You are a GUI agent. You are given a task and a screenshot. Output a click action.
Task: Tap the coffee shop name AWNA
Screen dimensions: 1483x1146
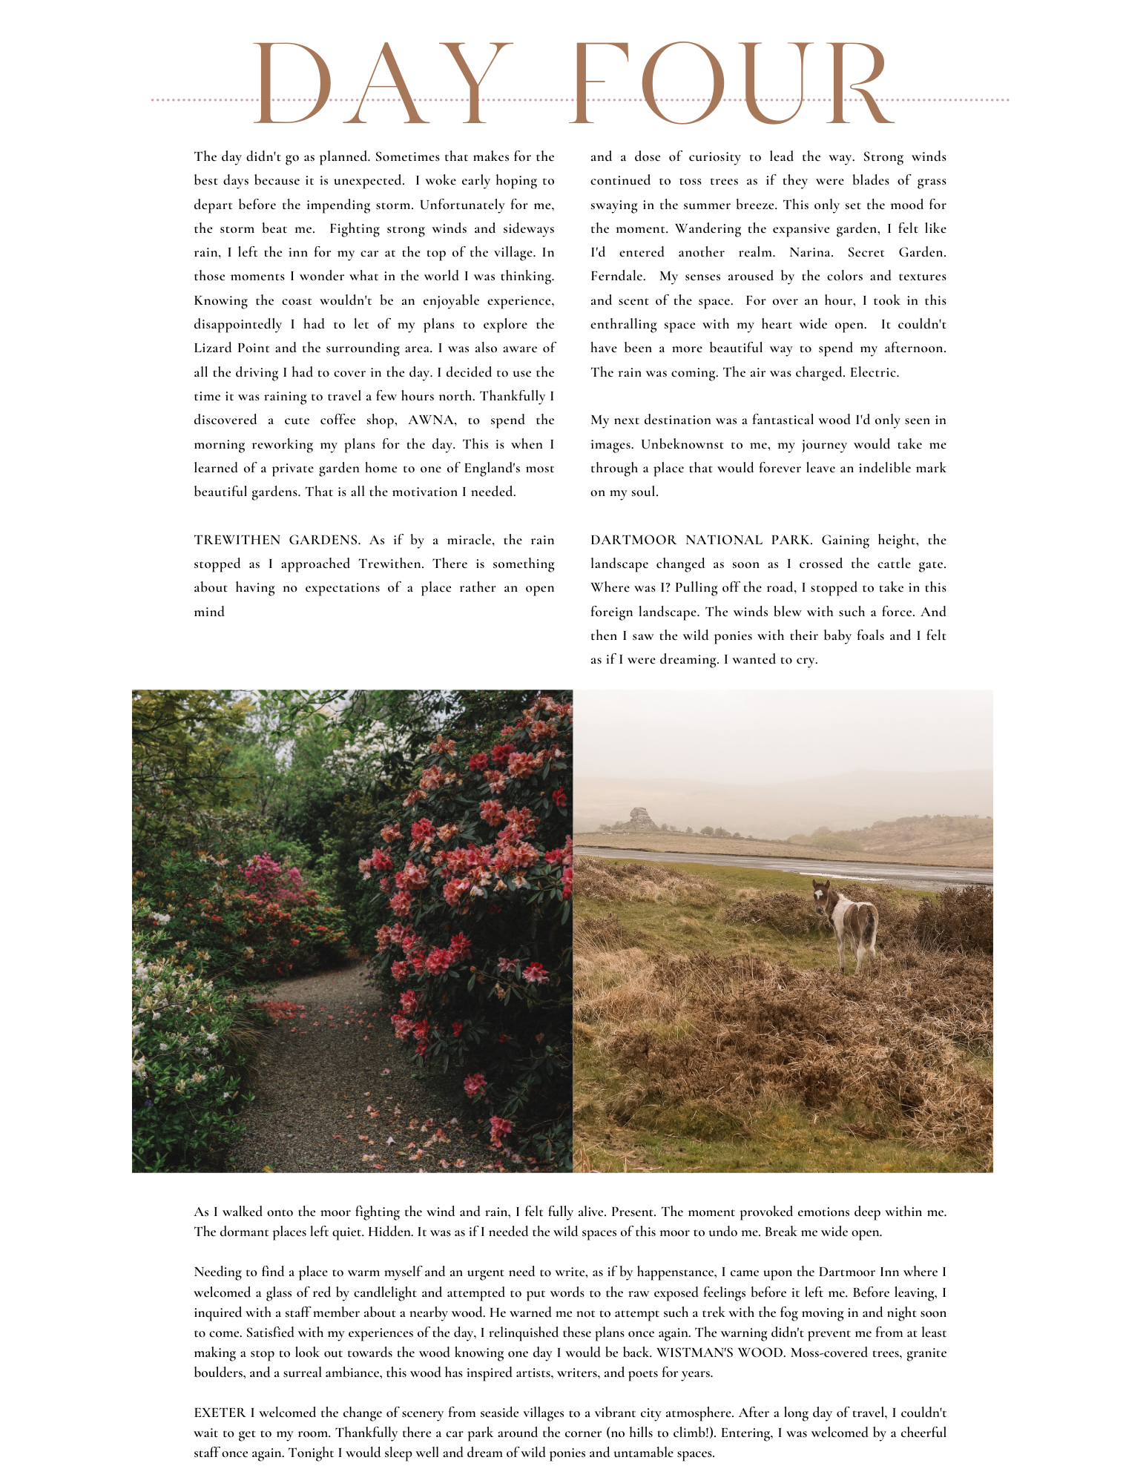pyautogui.click(x=432, y=420)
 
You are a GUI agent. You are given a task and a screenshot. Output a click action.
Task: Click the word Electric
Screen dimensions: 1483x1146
pyautogui.click(x=875, y=372)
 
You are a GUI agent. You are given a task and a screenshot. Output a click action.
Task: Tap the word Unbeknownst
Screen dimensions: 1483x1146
pyautogui.click(x=683, y=444)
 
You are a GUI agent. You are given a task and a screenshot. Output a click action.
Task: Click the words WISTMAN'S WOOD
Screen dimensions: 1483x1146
pyautogui.click(x=719, y=1352)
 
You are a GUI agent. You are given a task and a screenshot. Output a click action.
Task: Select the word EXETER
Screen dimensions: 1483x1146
pyautogui.click(x=220, y=1413)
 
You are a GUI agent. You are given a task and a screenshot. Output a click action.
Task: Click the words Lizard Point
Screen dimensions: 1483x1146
pyautogui.click(x=232, y=349)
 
